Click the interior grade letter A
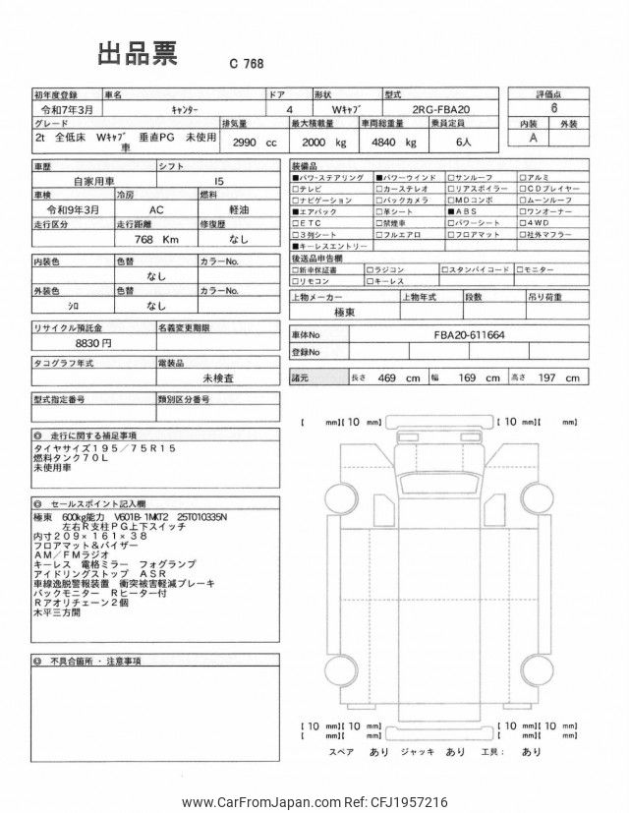[534, 140]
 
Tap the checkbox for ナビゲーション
[296, 200]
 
